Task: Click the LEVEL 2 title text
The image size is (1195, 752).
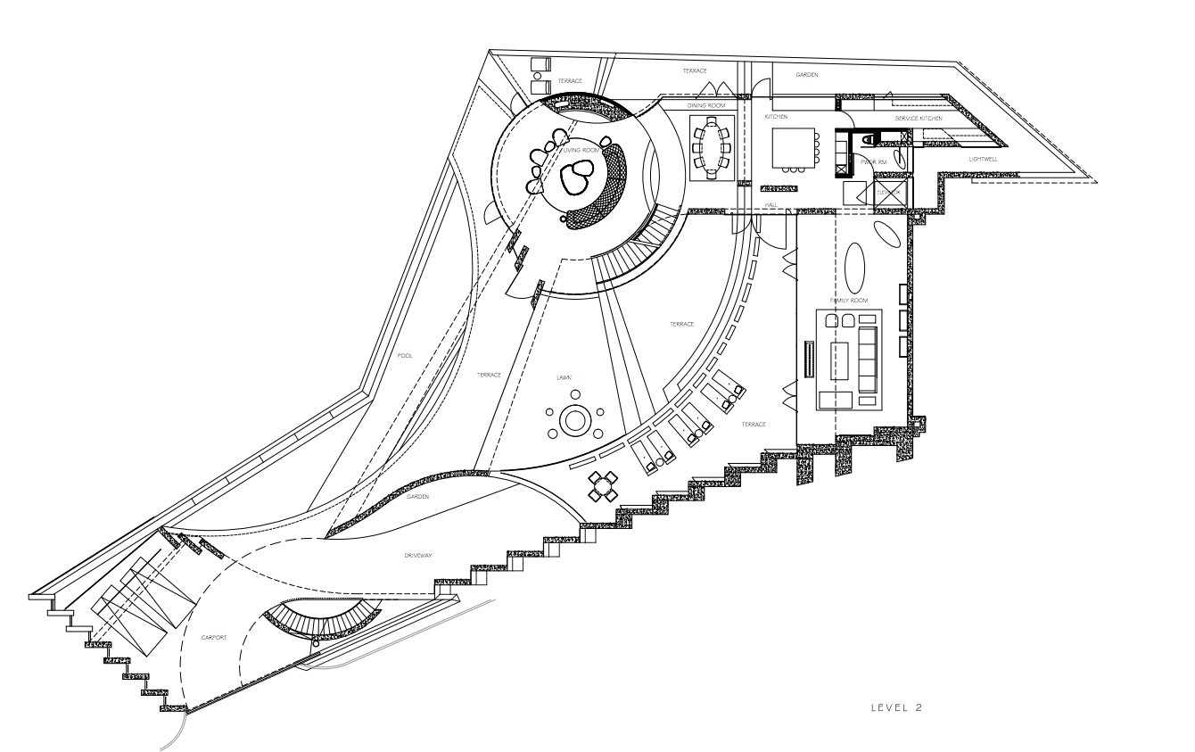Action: [895, 707]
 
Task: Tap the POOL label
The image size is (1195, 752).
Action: [405, 356]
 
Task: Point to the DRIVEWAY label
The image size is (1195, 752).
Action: [417, 556]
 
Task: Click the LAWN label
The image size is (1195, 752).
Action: [564, 377]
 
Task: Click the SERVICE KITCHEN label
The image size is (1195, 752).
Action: [919, 119]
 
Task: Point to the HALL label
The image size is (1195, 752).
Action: [771, 205]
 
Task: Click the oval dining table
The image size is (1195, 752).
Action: [711, 146]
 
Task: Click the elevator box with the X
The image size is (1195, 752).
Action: [892, 193]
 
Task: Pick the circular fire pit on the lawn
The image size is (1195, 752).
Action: [575, 419]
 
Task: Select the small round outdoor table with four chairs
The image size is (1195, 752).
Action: [604, 486]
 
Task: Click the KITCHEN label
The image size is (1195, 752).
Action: [776, 117]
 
